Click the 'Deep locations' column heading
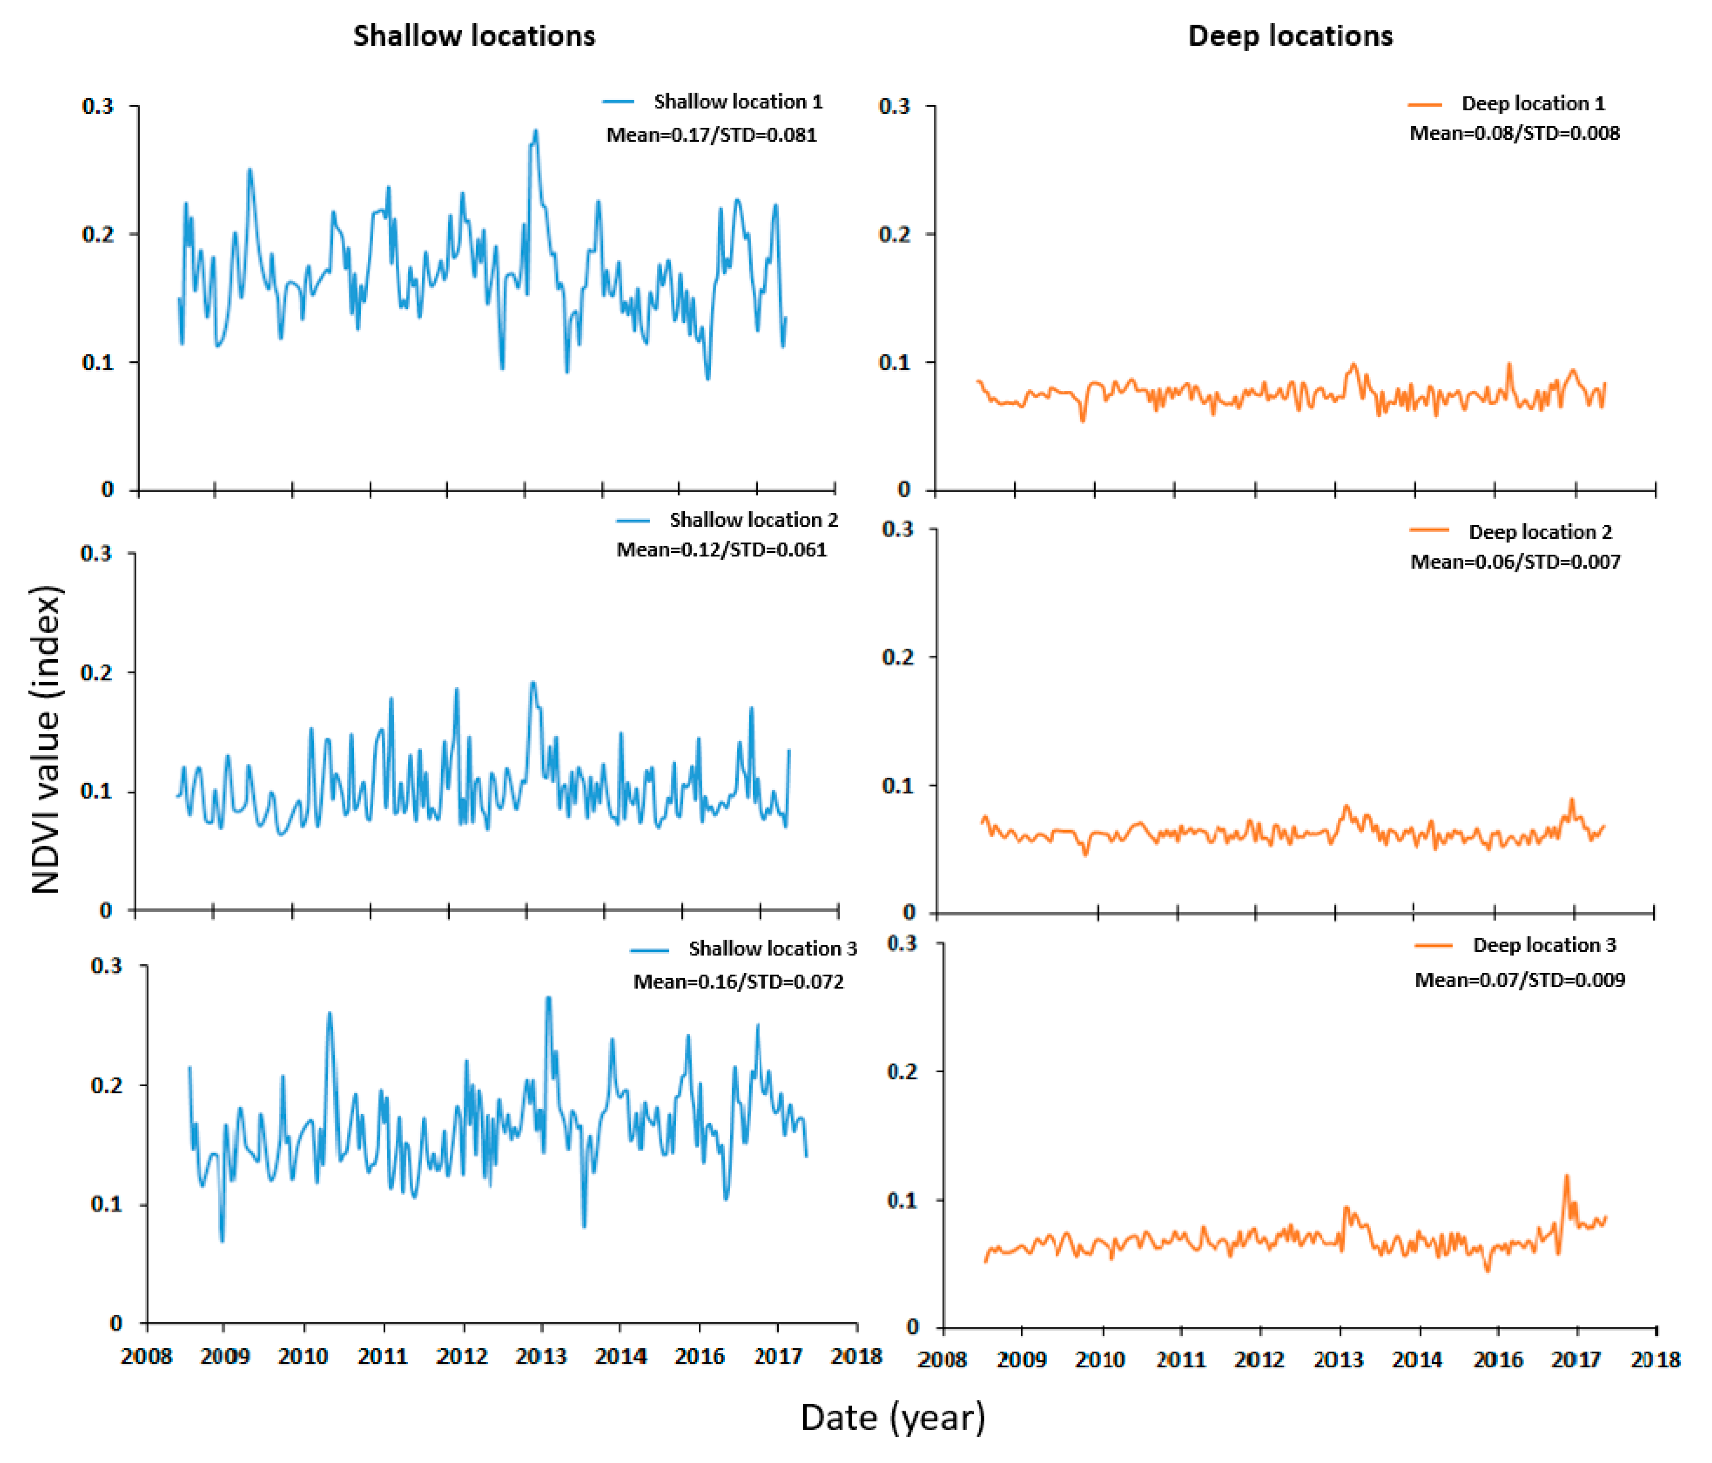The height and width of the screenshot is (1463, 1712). coord(1289,36)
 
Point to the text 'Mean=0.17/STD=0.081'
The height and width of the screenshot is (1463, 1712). coord(711,135)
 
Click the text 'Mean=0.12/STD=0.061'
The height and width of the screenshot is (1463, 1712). coord(721,550)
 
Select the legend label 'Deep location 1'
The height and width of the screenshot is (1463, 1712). coord(1533,103)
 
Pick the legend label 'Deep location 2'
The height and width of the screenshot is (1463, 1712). coord(1539,532)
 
